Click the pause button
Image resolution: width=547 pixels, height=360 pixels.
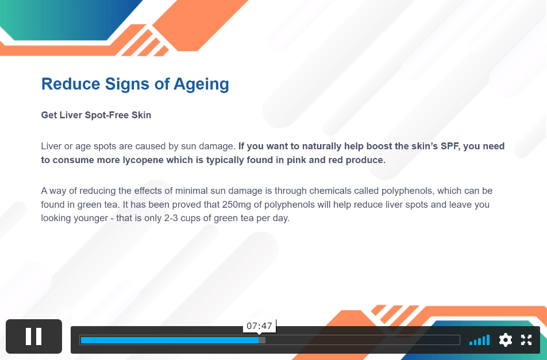tap(34, 336)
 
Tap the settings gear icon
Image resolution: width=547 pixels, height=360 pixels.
tap(506, 340)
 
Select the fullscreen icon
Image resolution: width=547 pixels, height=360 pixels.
tap(526, 340)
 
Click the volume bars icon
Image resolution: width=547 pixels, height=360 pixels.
tap(480, 340)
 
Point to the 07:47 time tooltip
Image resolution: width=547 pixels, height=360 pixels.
tap(259, 326)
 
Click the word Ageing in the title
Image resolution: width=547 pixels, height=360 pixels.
tap(201, 84)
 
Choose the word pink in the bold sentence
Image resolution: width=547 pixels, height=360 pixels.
tap(296, 160)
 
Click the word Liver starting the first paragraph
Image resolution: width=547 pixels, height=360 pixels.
tap(51, 146)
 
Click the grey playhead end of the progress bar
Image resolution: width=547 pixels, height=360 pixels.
tap(262, 340)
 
